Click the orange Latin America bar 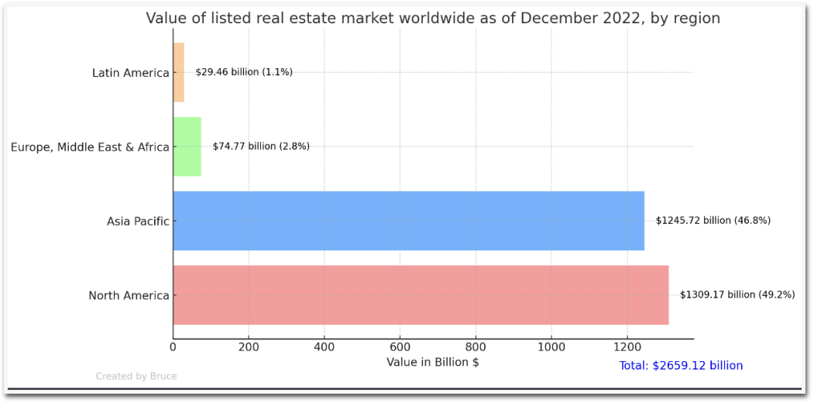pos(178,72)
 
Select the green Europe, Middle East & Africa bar pos(187,146)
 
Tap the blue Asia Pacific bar pos(408,221)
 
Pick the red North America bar pos(421,295)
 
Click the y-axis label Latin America pos(130,73)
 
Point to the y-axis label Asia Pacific pos(138,222)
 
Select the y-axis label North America pos(129,295)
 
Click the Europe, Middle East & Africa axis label pos(90,147)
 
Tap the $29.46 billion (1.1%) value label pos(244,72)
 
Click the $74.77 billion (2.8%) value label pos(261,146)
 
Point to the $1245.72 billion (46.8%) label pos(713,221)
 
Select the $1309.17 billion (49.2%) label pos(737,295)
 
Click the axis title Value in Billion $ pos(433,362)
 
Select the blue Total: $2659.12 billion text pos(681,366)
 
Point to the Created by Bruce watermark pos(136,377)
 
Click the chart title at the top pos(433,19)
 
